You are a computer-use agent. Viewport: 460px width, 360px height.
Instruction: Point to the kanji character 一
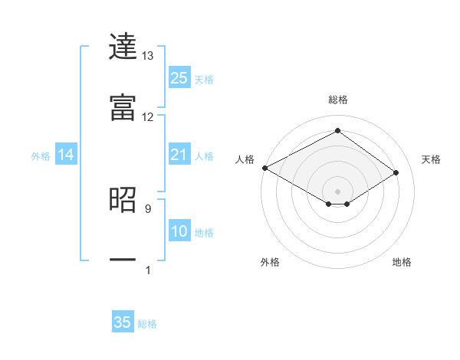[x=123, y=260]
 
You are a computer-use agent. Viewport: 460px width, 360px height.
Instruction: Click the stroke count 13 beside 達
[x=148, y=56]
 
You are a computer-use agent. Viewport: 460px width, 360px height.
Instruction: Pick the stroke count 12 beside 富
[x=148, y=116]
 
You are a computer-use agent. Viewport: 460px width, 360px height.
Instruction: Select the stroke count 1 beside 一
[x=148, y=270]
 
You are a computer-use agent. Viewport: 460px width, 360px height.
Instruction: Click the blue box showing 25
[x=179, y=78]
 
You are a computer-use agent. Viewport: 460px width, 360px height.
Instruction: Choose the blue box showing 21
[x=179, y=155]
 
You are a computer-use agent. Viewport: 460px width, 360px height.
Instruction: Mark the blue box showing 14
[x=66, y=155]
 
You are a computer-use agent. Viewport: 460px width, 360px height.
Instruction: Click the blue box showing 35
[x=123, y=322]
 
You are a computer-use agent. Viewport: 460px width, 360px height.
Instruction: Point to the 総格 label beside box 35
[x=147, y=324]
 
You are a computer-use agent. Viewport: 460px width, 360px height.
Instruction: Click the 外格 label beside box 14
[x=41, y=156]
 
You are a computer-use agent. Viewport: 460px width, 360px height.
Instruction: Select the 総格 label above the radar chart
[x=337, y=100]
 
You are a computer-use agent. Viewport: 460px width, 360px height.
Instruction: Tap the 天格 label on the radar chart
[x=432, y=159]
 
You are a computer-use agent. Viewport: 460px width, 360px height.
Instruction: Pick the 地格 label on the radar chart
[x=402, y=262]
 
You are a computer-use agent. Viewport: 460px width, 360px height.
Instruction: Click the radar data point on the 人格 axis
[x=264, y=168]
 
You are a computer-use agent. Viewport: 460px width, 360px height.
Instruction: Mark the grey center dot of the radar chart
[x=337, y=191]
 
